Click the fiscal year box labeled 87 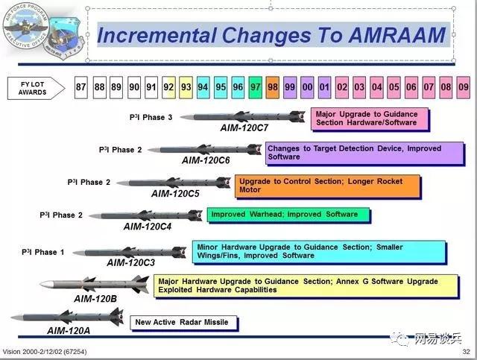(81, 87)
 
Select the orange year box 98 (273, 87)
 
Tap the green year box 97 (255, 87)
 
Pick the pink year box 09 (464, 87)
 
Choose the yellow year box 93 (186, 87)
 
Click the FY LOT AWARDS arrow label (36, 88)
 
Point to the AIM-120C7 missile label (244, 127)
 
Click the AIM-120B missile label (95, 299)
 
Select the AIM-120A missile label (69, 330)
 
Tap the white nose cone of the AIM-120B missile (47, 285)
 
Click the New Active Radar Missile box (183, 323)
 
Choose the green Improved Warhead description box (288, 215)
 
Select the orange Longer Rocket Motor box (327, 186)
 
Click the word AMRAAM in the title (397, 35)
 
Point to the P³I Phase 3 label (151, 118)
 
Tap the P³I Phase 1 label (43, 252)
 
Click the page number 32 (466, 352)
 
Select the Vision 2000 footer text (45, 352)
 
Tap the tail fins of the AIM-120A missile (116, 317)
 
